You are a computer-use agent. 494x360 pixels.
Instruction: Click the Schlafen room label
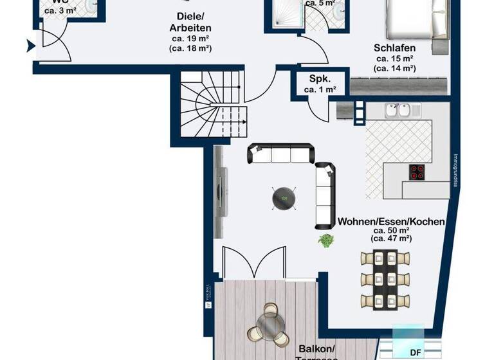(x=396, y=48)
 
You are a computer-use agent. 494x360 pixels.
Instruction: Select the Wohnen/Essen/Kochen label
(x=391, y=222)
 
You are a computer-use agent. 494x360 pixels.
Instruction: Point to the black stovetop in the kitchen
(x=417, y=172)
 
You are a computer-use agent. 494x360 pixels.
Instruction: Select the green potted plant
(x=326, y=241)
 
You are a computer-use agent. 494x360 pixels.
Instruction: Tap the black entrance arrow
(x=31, y=46)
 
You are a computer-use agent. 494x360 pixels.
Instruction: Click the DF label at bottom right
(x=417, y=352)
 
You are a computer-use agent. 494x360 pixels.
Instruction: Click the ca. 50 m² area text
(x=391, y=230)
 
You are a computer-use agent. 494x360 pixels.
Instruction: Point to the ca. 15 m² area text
(x=395, y=59)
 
